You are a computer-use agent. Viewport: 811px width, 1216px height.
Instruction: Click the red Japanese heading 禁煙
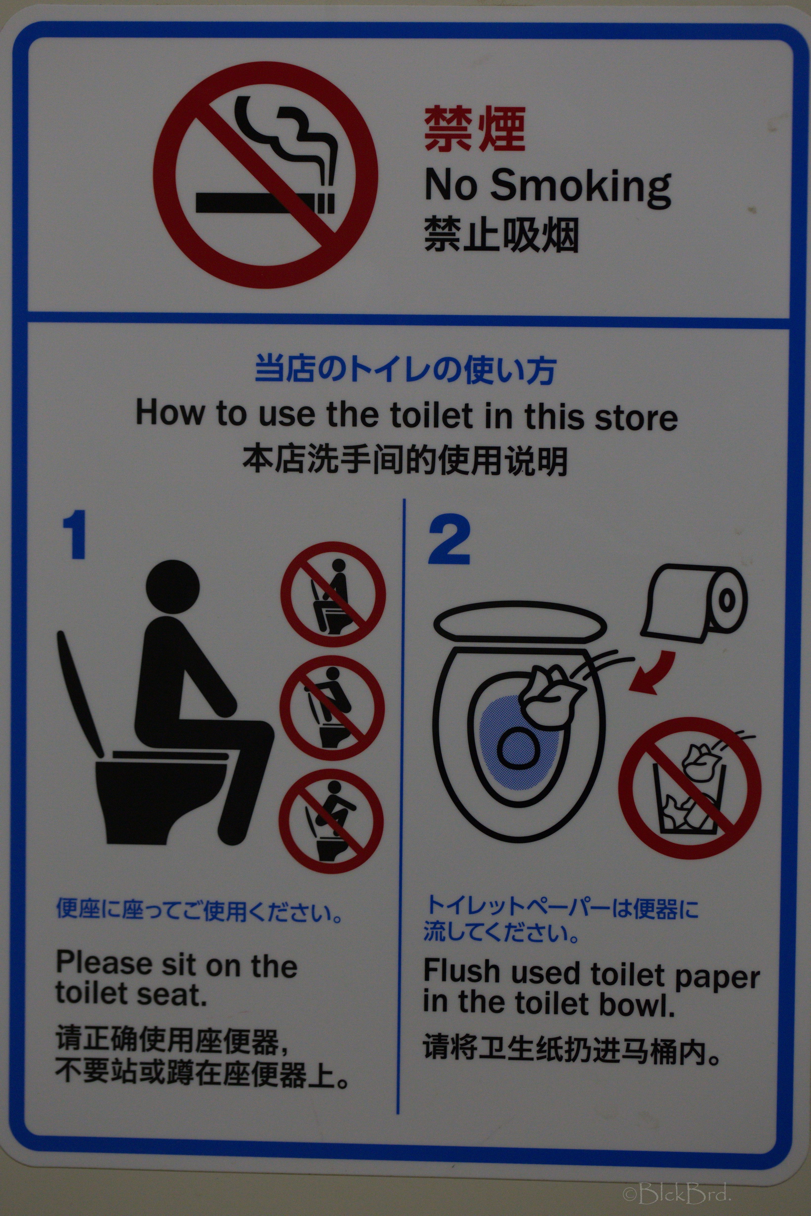point(474,129)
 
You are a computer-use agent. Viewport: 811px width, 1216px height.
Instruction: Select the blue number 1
point(75,535)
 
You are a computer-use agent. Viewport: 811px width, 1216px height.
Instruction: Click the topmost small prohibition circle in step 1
point(333,594)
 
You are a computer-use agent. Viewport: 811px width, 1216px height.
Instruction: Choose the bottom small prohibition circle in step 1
point(331,821)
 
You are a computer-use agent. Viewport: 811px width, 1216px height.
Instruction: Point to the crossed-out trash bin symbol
point(689,788)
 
